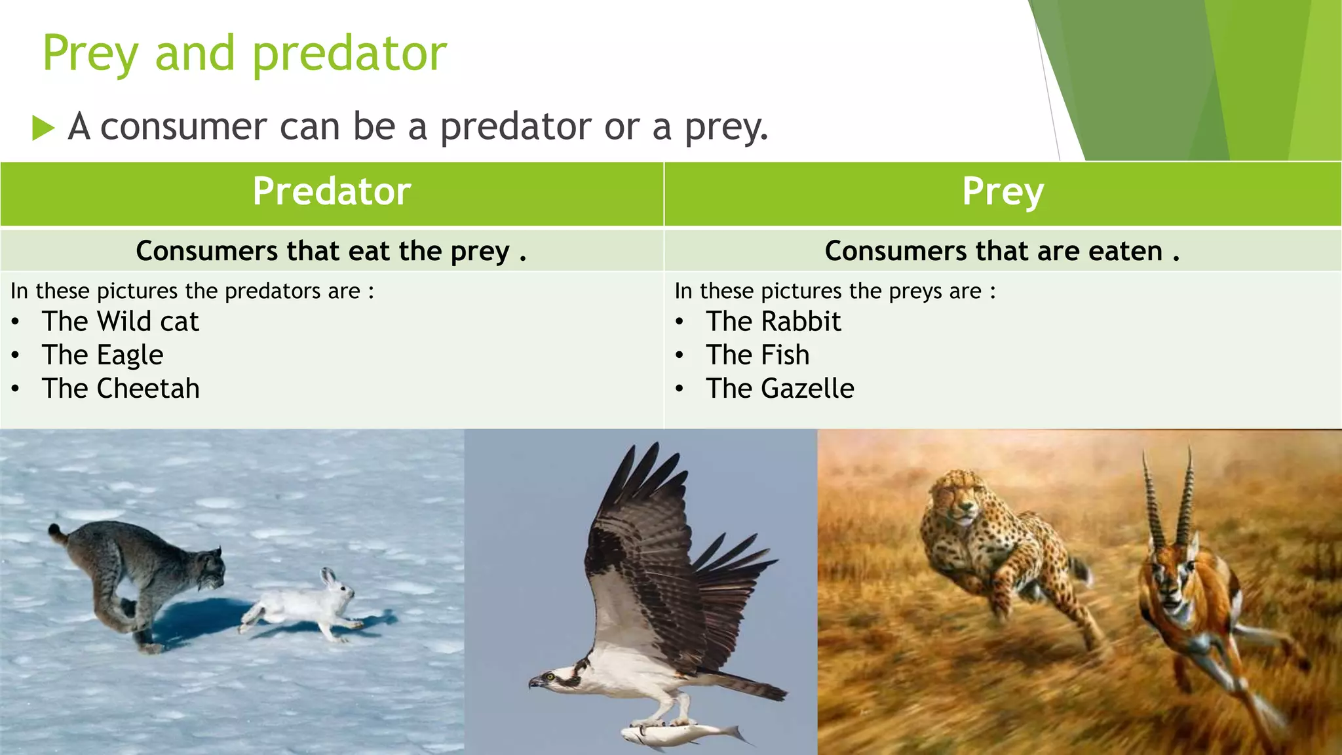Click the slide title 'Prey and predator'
coord(244,54)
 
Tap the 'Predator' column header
coord(332,192)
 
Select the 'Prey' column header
coord(1003,192)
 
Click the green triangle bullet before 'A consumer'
coord(43,127)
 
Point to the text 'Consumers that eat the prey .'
coord(331,251)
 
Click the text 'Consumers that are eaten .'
coord(1002,251)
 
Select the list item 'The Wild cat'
coord(120,322)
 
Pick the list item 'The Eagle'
coord(102,355)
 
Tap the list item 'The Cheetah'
coord(121,389)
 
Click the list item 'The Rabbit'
coord(773,322)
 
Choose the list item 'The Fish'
coord(757,355)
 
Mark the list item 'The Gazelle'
coord(780,389)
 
